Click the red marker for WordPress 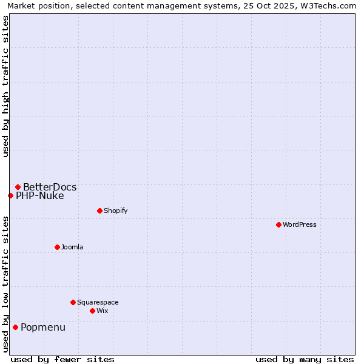tap(278, 224)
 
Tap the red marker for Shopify tap(99, 211)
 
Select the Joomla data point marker tap(57, 247)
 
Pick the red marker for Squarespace tap(73, 302)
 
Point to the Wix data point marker tap(92, 311)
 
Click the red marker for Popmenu tap(15, 327)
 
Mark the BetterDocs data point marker tap(18, 187)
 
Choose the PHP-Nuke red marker tap(10, 195)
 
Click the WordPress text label tap(300, 224)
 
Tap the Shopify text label tap(115, 211)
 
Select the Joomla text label tap(72, 247)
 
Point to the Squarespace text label tap(98, 302)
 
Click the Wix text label tap(102, 311)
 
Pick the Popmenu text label tap(43, 328)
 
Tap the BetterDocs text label tap(50, 187)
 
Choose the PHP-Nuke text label tap(40, 195)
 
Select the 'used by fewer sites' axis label tap(62, 359)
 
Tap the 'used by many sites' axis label tap(305, 359)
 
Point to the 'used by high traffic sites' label tap(5, 86)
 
